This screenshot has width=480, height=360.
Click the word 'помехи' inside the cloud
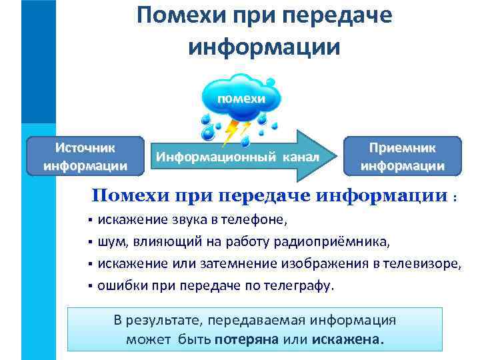click(x=239, y=98)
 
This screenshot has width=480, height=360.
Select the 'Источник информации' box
click(x=85, y=156)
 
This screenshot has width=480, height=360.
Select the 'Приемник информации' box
click(x=402, y=156)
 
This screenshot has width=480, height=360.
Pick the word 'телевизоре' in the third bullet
click(x=425, y=263)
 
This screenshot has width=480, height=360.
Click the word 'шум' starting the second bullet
click(x=110, y=241)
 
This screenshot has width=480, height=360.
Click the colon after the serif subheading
click(x=455, y=198)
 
